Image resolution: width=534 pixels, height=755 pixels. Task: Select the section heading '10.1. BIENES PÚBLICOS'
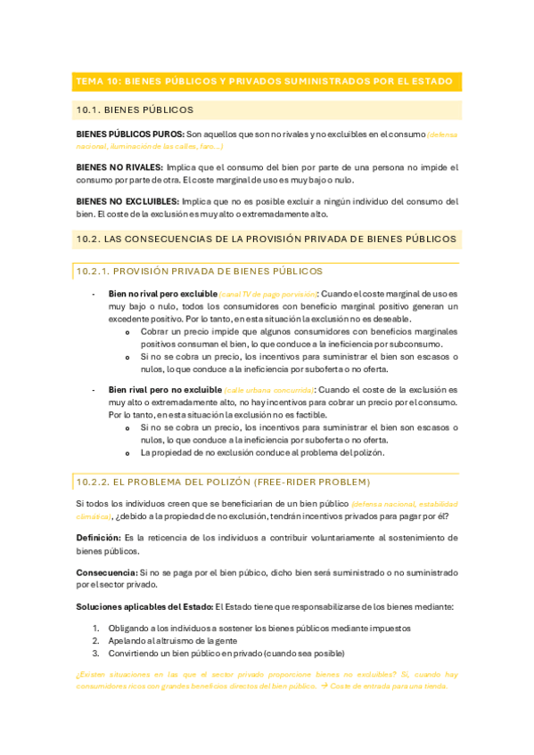pos(136,110)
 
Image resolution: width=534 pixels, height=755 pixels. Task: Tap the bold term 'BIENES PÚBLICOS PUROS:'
pos(130,134)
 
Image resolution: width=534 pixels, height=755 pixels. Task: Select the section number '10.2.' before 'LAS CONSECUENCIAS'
pos(88,239)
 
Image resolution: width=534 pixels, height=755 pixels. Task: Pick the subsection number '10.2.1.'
pos(94,272)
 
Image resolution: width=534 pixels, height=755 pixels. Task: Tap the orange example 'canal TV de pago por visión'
pos(268,294)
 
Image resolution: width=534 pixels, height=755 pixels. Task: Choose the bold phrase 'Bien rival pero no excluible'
pos(165,390)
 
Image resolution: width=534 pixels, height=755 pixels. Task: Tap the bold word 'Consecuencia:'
pos(106,572)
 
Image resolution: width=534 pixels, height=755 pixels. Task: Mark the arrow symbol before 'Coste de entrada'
pos(324,688)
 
